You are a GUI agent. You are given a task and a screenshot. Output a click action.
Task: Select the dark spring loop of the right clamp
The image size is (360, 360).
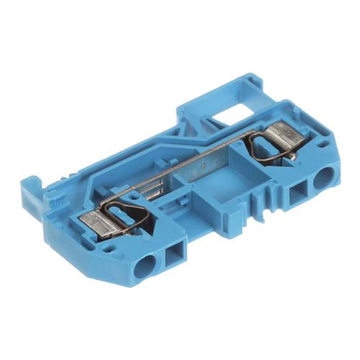(x=272, y=148)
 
